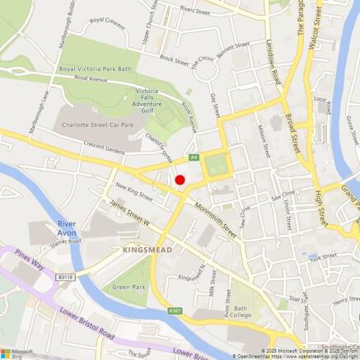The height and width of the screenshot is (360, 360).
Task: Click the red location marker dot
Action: (x=180, y=180)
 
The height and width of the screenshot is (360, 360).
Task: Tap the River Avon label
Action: (x=67, y=228)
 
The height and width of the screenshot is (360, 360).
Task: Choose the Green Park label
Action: (x=128, y=286)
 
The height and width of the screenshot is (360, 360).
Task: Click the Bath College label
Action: (x=241, y=311)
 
